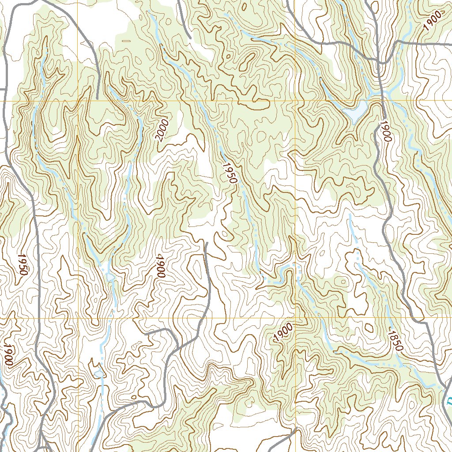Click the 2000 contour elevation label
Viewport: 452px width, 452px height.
point(162,130)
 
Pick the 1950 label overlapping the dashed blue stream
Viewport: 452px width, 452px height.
point(230,173)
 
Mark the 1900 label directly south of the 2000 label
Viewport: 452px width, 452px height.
point(160,266)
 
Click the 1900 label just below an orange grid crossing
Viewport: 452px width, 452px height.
point(283,332)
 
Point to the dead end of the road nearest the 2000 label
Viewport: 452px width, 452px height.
point(97,98)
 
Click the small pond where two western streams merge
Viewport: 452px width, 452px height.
point(109,277)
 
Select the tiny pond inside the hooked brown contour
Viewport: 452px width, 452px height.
point(99,374)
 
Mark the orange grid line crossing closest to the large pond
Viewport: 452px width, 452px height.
point(295,101)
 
